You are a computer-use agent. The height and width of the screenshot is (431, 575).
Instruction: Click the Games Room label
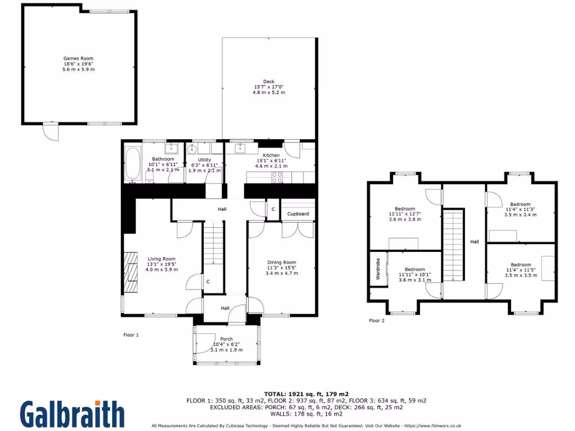point(78,58)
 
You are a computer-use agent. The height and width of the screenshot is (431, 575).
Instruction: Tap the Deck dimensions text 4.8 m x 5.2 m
point(268,92)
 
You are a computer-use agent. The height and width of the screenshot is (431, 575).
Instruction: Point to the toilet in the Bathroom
point(150,177)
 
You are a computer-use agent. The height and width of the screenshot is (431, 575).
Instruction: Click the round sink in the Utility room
point(192,149)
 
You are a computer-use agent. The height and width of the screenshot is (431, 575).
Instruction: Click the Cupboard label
point(298,214)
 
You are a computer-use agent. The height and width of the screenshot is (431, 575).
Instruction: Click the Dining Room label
point(281,262)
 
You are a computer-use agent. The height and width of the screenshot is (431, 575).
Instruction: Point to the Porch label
point(226,339)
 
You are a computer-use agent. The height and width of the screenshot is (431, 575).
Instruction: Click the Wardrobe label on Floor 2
point(378,269)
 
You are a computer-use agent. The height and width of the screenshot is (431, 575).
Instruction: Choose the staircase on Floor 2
point(454,245)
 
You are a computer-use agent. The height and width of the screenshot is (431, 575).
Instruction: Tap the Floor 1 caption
point(131,335)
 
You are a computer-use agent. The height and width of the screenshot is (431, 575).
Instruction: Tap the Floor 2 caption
point(376,321)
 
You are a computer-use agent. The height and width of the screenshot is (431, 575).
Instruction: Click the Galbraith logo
point(73,414)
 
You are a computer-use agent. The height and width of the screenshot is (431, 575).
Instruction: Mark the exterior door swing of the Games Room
point(50,132)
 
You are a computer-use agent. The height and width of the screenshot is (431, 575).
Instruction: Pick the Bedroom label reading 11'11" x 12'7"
point(404,214)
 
